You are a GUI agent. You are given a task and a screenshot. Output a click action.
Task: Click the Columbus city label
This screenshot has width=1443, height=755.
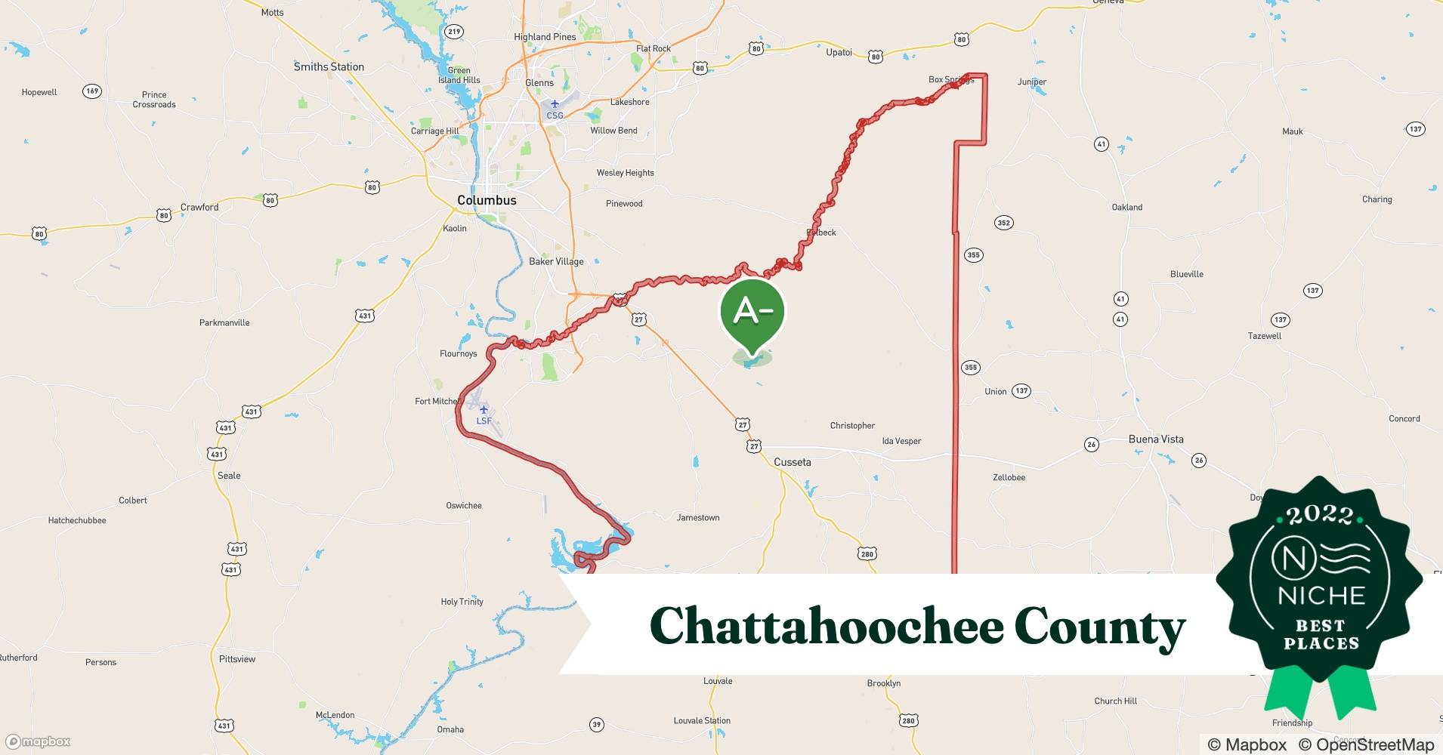487,200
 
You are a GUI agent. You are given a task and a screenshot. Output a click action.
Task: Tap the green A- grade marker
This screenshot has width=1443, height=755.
752,311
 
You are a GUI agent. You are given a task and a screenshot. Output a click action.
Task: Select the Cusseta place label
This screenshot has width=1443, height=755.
792,462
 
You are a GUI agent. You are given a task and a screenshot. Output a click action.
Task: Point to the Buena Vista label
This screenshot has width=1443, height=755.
1156,439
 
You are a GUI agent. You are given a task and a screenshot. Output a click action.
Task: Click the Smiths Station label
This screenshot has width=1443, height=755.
329,66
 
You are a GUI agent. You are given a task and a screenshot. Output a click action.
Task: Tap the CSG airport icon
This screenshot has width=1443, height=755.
555,104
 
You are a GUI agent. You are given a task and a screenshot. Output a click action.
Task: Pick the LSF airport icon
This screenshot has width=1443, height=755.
484,409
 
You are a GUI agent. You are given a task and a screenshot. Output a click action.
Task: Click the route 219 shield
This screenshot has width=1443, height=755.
453,31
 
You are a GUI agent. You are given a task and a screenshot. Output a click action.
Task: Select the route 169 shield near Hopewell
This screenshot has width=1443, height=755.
92,91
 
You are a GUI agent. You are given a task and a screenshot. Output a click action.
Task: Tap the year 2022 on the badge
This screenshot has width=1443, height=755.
1320,515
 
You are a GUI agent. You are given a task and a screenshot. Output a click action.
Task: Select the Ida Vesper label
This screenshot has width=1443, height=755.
901,441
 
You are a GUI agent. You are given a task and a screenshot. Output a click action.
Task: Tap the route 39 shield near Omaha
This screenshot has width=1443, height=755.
597,725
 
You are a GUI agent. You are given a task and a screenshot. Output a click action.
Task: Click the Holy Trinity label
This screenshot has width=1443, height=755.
462,602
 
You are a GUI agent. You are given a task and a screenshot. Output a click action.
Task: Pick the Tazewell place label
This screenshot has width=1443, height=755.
1264,336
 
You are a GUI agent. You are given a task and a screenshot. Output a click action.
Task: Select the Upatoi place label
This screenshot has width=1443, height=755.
839,52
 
